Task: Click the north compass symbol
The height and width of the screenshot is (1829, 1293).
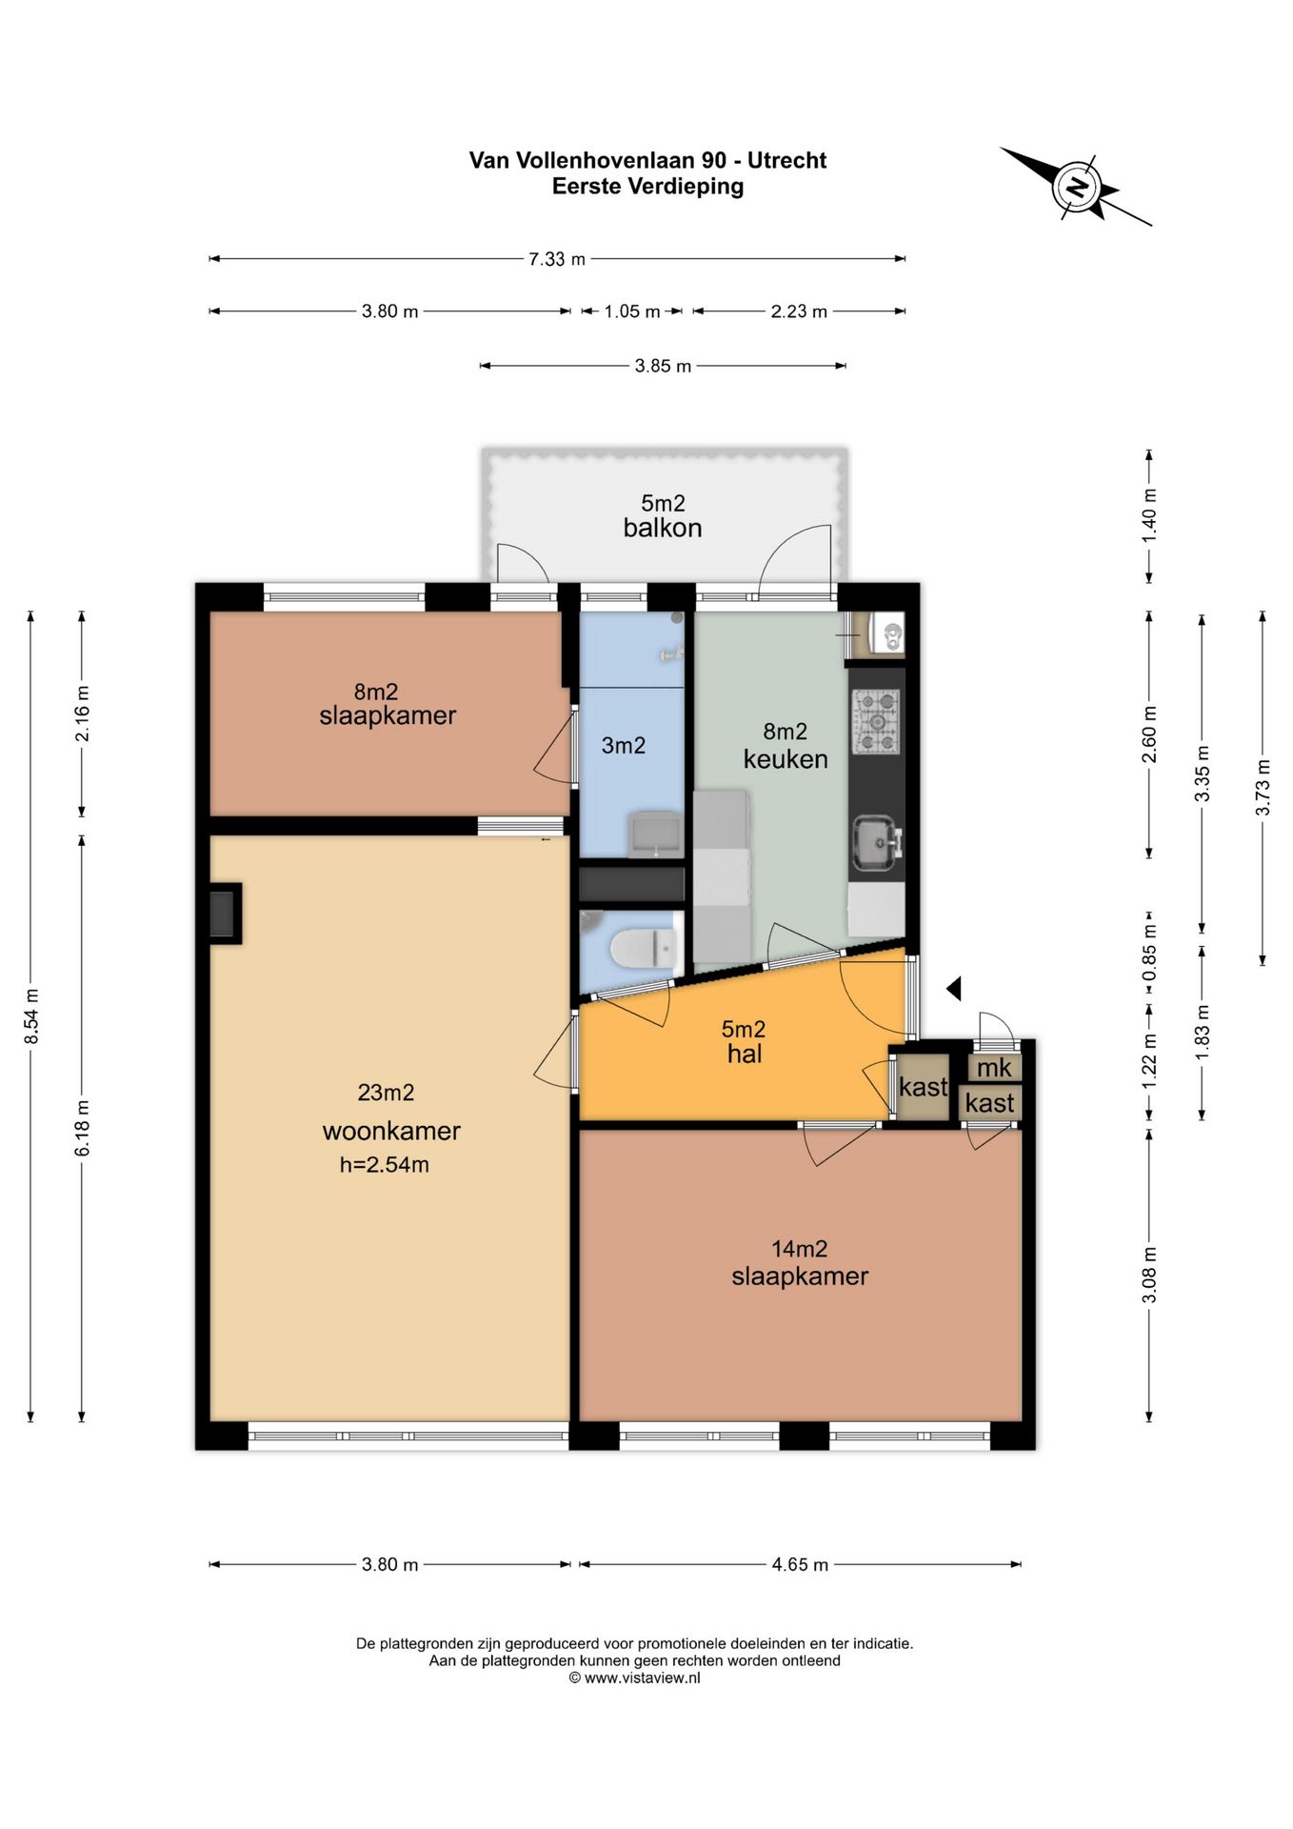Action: [1077, 186]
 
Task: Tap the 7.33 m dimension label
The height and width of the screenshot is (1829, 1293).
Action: [557, 259]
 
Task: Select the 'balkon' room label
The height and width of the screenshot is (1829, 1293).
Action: [663, 528]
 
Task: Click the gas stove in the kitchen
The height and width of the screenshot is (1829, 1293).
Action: [876, 721]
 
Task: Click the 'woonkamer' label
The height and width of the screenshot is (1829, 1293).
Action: [391, 1131]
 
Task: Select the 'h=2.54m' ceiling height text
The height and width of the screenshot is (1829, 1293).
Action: [385, 1164]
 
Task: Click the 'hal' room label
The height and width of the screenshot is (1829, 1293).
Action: [745, 1054]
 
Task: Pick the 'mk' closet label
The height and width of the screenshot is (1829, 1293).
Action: [994, 1068]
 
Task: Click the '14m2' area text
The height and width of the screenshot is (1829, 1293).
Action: [799, 1248]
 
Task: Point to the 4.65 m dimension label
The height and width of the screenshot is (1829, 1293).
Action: [800, 1564]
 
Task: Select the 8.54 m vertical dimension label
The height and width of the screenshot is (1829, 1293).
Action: [31, 1015]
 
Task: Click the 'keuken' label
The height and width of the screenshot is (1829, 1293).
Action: [786, 759]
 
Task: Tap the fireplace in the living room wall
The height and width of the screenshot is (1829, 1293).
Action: [225, 914]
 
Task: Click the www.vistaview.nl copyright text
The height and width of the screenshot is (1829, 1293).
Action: [634, 1678]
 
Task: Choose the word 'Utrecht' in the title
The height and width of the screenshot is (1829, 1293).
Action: [787, 160]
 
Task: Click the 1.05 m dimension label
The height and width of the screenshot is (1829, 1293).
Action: [632, 312]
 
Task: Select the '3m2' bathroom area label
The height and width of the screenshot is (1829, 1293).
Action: [624, 745]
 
